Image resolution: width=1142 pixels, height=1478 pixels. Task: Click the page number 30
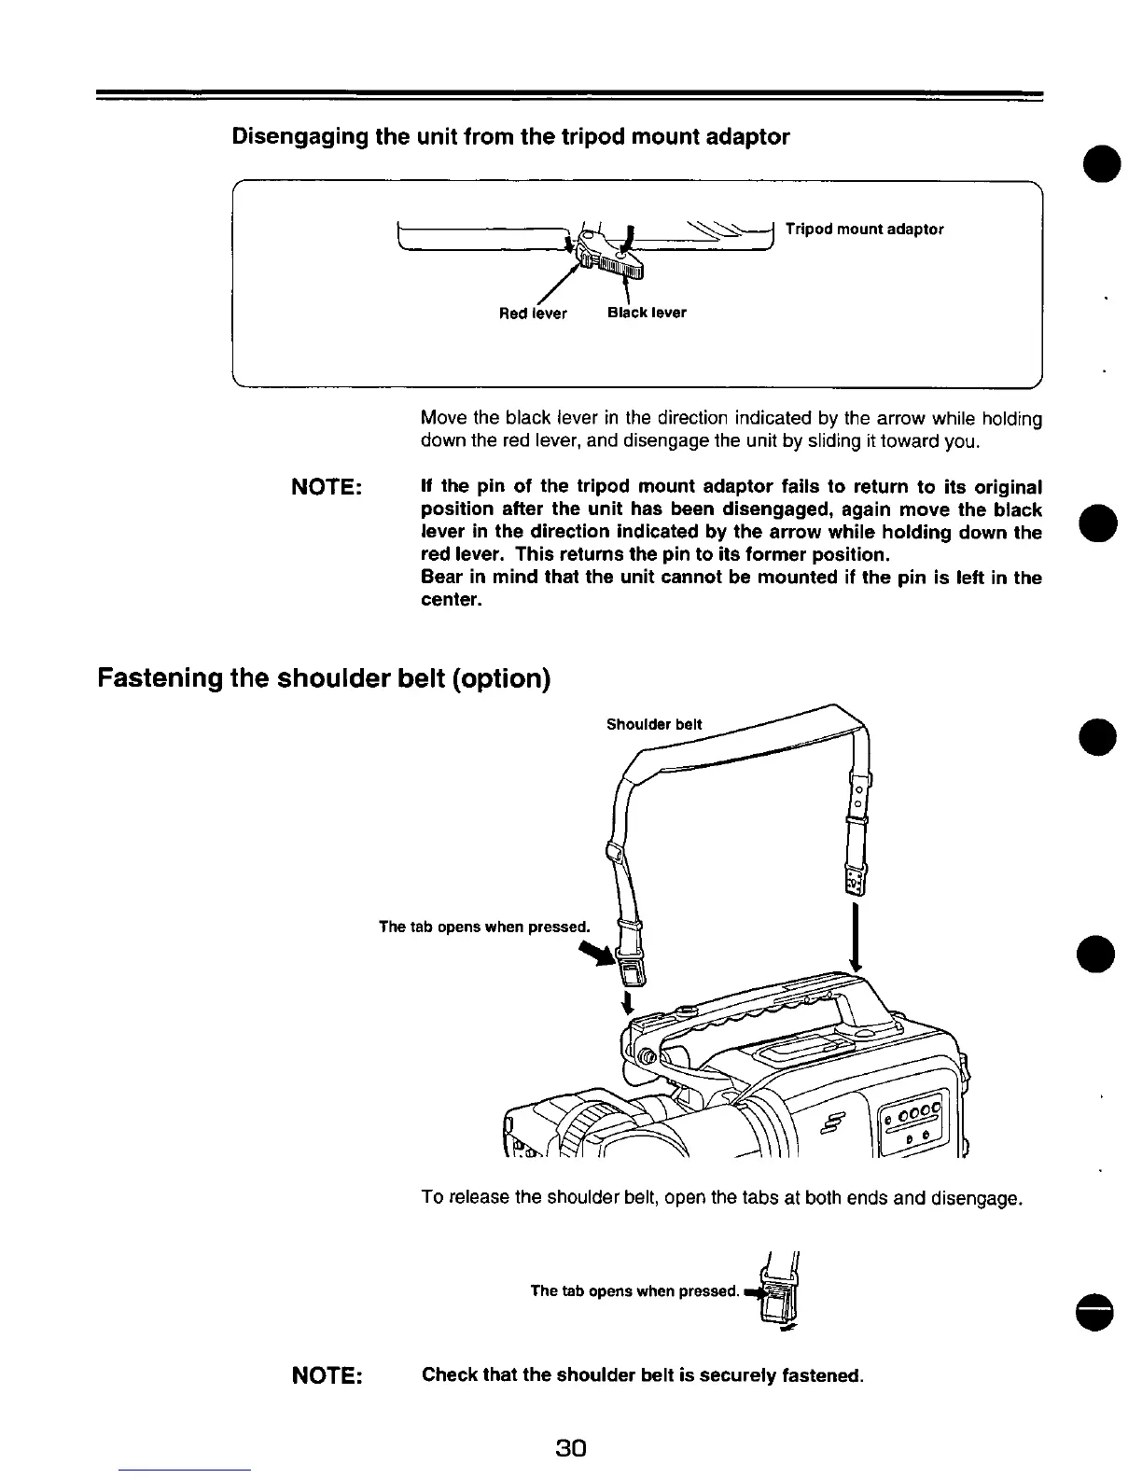569,1448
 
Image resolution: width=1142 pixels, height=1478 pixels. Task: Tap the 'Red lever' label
533,314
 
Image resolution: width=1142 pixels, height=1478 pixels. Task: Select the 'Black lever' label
647,313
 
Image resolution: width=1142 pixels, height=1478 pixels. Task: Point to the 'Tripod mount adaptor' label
864,230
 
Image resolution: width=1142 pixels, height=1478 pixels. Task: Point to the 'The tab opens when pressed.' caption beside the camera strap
484,927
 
